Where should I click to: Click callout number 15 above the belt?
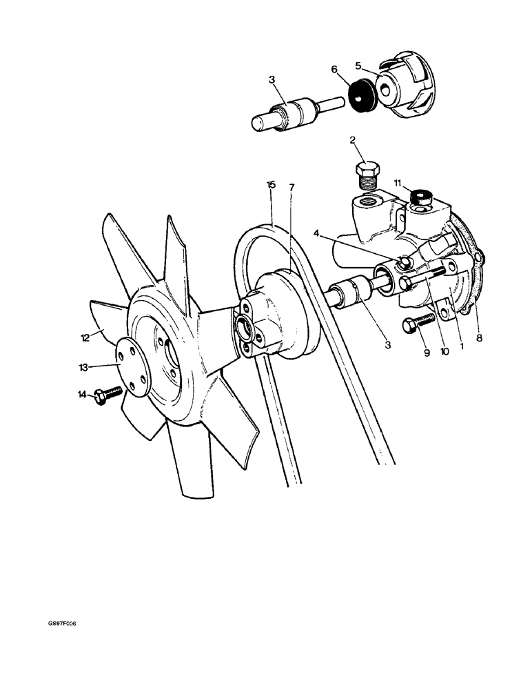click(x=271, y=185)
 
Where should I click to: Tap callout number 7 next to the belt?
click(x=291, y=188)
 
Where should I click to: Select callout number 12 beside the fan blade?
click(x=84, y=337)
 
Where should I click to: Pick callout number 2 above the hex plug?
click(x=353, y=140)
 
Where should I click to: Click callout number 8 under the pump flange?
click(x=480, y=338)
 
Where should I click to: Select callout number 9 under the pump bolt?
click(x=427, y=353)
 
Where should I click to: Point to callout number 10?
click(x=444, y=351)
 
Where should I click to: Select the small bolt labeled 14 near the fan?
click(x=109, y=395)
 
